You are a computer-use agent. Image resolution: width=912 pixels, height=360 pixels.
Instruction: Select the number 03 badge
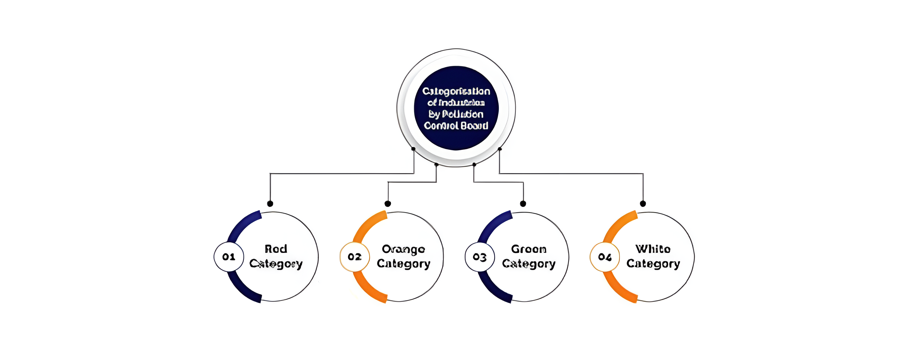pos(480,257)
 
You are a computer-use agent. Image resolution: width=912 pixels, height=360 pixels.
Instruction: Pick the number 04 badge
pos(605,257)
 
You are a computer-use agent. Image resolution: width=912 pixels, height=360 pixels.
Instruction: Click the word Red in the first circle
pos(276,249)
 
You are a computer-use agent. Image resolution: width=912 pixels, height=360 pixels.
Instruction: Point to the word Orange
pos(403,249)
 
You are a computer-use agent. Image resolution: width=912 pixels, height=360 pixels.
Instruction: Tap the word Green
pos(529,249)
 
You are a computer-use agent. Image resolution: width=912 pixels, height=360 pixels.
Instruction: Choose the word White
pos(653,249)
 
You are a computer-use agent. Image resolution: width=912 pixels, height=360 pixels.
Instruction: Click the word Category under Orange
pos(403,264)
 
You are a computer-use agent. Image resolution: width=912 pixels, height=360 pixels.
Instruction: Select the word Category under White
pos(653,264)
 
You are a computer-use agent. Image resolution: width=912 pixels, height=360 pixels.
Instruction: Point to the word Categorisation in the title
pos(456,91)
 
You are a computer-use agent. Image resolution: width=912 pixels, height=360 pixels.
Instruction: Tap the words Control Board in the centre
pos(456,126)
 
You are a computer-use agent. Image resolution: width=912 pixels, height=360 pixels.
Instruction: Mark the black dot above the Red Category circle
pos(270,203)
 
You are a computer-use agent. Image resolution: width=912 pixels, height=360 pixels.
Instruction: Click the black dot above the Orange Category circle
pos(388,203)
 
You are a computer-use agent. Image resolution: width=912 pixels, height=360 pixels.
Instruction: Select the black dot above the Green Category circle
pos(523,203)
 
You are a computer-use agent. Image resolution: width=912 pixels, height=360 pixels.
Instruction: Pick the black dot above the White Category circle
pos(643,203)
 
